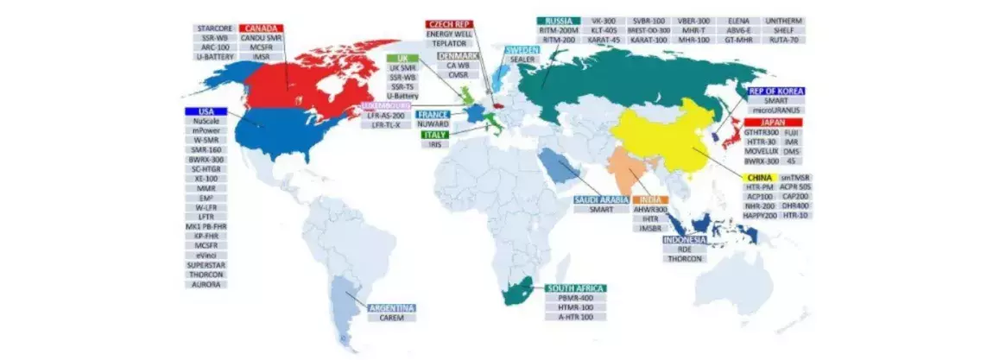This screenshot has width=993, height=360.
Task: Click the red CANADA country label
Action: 262,27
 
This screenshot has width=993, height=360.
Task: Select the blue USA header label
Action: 206,112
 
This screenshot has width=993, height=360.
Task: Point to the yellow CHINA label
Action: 759,178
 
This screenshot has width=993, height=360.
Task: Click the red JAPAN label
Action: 774,123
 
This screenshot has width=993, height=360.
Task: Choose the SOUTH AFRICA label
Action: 575,288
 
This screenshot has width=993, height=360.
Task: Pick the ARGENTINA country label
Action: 391,308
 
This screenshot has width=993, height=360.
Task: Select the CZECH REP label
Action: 449,24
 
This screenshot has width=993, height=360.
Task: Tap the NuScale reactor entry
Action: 206,123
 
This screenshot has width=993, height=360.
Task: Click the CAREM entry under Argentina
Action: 391,319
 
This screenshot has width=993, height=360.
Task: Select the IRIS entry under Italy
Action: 435,144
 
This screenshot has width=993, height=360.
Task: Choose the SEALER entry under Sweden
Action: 522,60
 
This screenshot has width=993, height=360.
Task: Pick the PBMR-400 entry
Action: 575,299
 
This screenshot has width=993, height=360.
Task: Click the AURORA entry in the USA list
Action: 206,284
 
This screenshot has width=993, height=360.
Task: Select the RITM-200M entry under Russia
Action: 557,30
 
